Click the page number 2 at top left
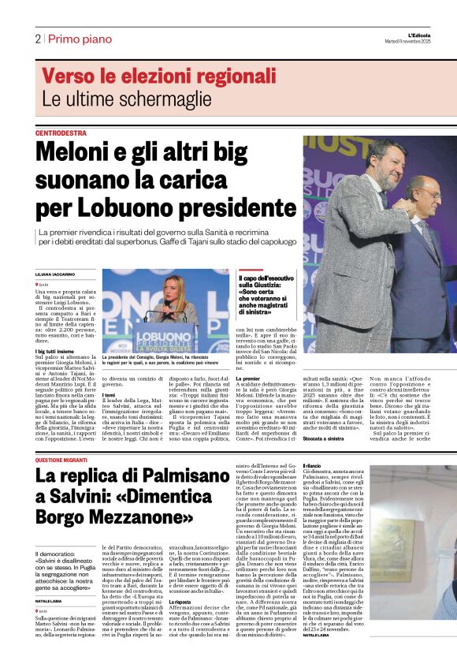coord(38,39)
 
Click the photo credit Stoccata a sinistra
coord(258,436)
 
